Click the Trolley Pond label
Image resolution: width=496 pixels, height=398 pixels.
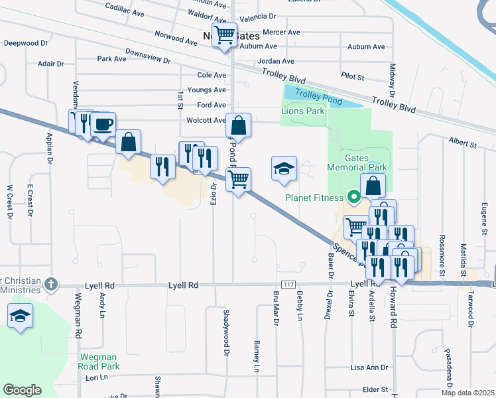click(318, 98)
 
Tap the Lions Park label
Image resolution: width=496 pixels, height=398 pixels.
click(303, 111)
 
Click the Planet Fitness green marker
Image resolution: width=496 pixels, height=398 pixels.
click(354, 197)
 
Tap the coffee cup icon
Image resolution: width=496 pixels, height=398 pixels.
click(103, 124)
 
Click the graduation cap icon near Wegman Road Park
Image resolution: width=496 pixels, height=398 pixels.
click(20, 316)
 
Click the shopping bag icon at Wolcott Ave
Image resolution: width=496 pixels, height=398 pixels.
click(239, 125)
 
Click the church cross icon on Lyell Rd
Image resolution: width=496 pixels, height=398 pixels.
click(51, 285)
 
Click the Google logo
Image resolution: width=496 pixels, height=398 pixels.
click(22, 390)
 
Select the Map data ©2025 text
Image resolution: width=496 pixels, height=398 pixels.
click(467, 393)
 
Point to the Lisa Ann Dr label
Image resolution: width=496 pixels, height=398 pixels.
click(369, 367)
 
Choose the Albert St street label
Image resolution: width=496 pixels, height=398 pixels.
click(463, 143)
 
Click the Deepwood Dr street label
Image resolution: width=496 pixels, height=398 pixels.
click(26, 43)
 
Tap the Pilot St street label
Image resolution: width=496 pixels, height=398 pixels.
click(352, 78)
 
